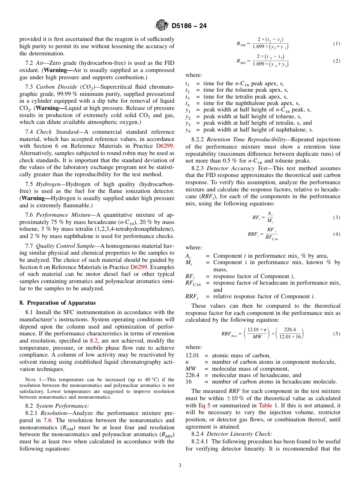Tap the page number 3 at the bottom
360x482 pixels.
tap(180, 465)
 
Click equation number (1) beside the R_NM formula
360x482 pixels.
tap(337, 44)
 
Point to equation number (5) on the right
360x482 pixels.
tap(337, 333)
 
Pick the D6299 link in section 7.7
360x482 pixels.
tap(165, 267)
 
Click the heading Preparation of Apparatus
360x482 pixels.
tap(61, 303)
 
